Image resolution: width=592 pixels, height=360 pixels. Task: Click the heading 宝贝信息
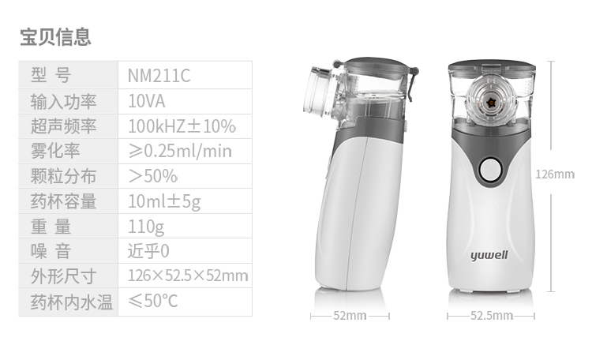click(55, 37)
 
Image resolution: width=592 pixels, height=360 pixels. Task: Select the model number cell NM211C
click(159, 76)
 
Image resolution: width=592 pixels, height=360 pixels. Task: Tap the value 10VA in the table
click(147, 101)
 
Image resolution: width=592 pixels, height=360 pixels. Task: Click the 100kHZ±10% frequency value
click(182, 126)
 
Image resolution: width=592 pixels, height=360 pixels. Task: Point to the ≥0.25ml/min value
click(180, 151)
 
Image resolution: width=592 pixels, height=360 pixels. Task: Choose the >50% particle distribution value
click(152, 176)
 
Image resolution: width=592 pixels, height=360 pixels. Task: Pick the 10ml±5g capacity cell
click(164, 201)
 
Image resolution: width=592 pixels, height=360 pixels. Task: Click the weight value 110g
click(146, 227)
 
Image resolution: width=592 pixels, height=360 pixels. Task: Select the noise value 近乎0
click(148, 251)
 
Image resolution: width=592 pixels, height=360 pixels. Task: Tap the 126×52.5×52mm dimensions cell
click(188, 276)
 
